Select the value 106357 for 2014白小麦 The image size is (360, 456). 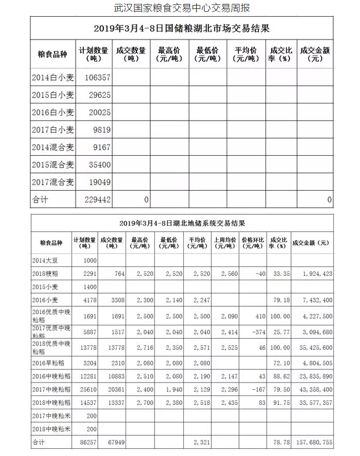click(x=99, y=78)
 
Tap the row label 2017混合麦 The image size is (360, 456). click(x=53, y=181)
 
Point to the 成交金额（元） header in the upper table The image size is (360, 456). click(x=315, y=54)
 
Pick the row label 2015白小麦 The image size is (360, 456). click(x=53, y=95)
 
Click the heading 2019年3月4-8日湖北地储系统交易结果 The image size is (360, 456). click(x=182, y=223)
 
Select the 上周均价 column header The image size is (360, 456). click(x=225, y=243)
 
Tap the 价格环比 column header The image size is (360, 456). click(x=252, y=243)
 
